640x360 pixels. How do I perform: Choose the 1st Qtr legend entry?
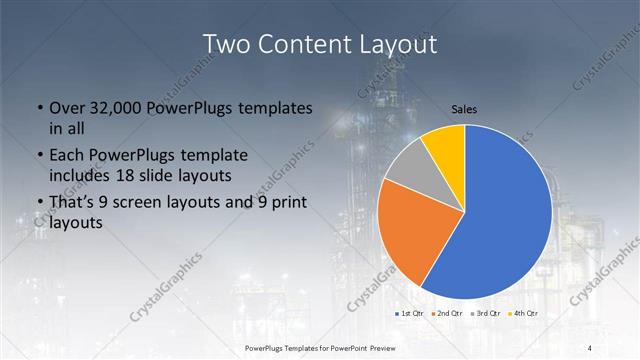(x=411, y=314)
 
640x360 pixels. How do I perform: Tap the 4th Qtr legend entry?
(x=524, y=314)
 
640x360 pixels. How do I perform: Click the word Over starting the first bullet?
(x=68, y=108)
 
